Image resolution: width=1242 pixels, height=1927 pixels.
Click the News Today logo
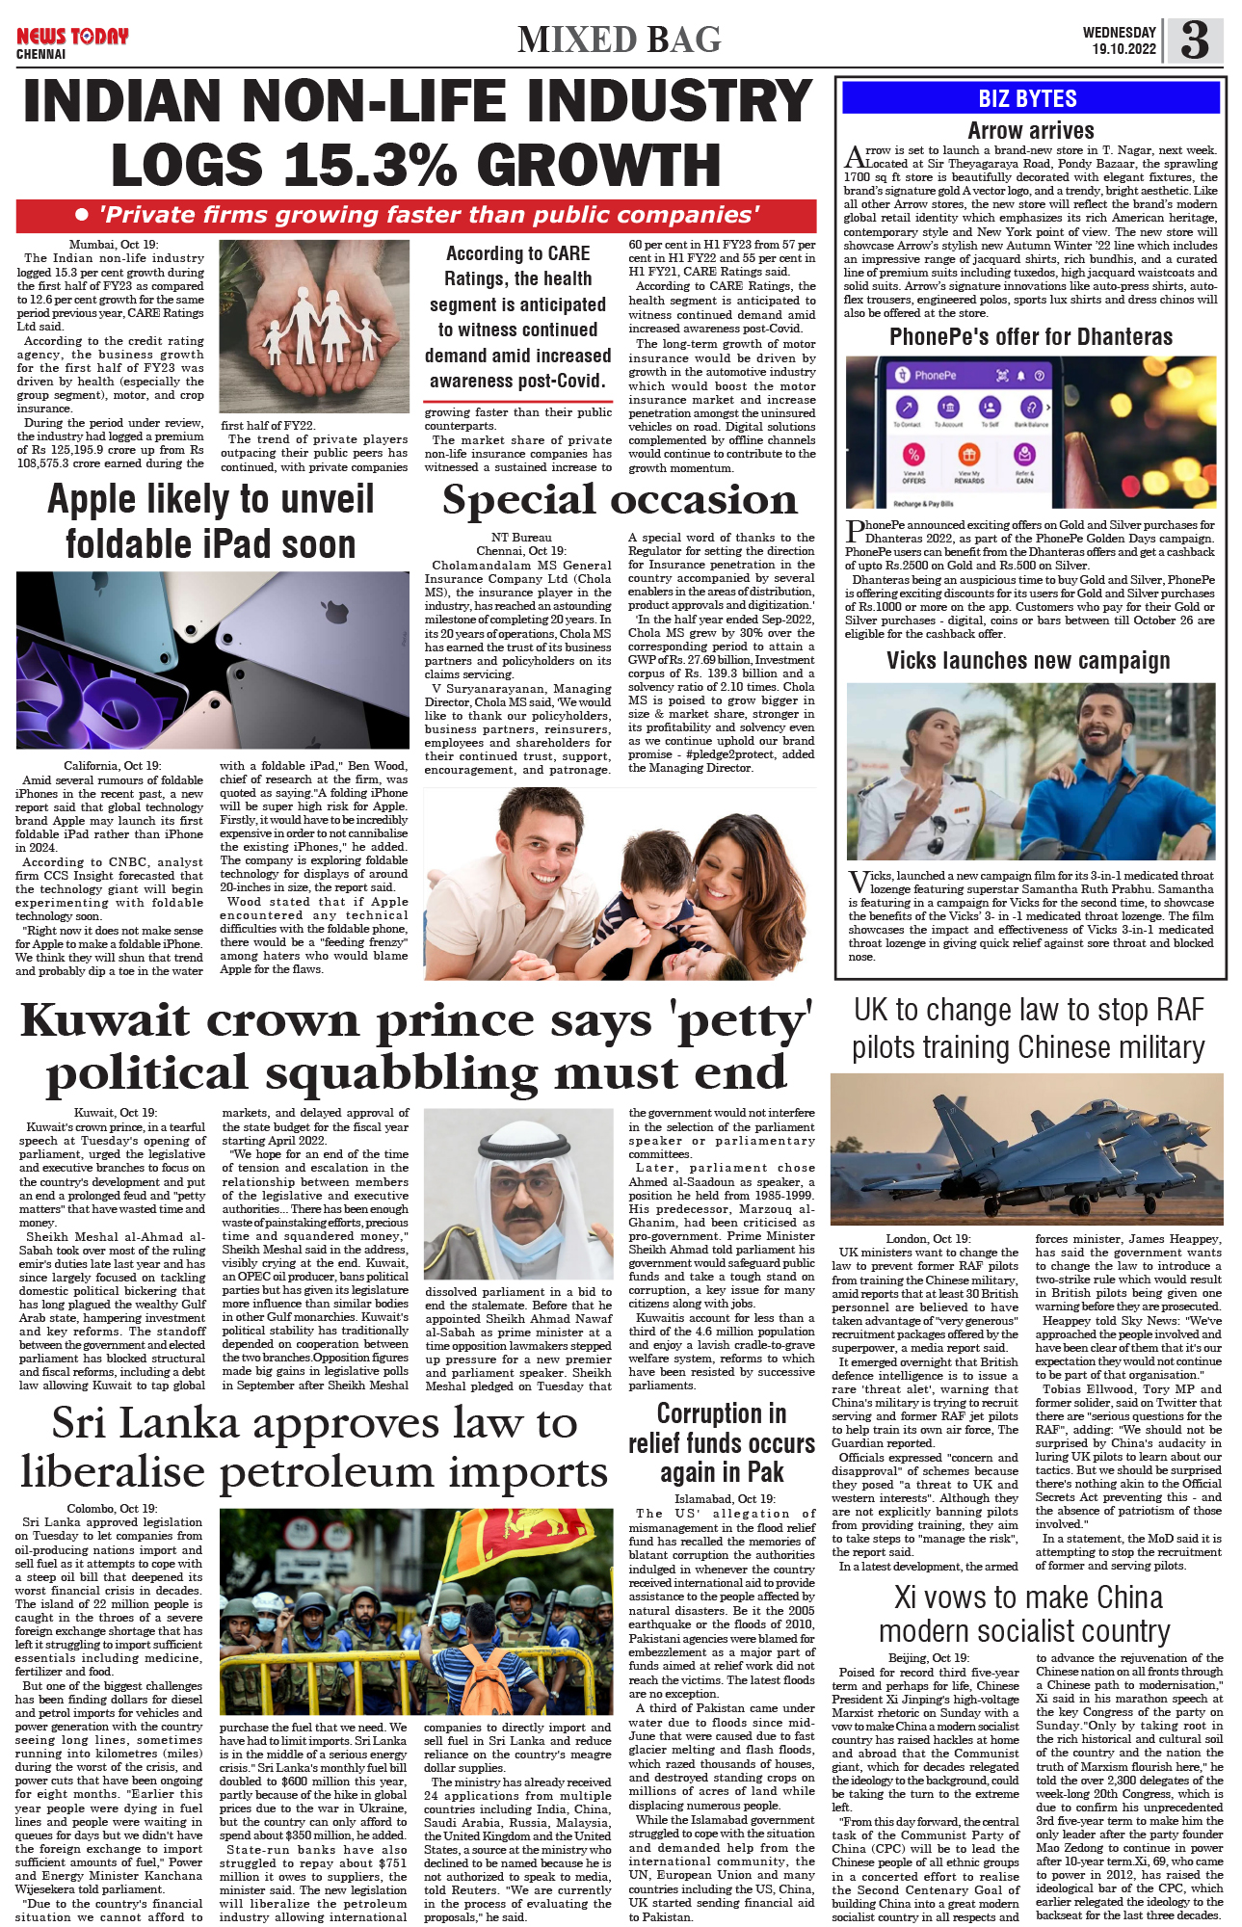click(72, 37)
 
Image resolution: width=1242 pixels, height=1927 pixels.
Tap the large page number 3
click(1194, 40)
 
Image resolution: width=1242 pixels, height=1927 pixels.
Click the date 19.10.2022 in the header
click(1123, 49)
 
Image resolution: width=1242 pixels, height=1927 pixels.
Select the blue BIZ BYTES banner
click(1028, 98)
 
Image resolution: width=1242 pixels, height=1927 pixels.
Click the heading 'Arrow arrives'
click(1030, 130)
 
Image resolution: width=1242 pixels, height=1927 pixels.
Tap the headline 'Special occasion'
click(620, 500)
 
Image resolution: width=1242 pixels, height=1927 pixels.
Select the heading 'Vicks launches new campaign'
click(1028, 660)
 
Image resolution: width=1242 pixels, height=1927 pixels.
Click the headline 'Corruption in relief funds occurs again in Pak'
click(721, 1442)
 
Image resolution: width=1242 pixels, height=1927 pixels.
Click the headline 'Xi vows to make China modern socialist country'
click(1026, 1614)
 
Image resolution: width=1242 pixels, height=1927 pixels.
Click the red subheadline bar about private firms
click(416, 215)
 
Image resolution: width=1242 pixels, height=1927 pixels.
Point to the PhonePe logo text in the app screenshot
click(935, 375)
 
